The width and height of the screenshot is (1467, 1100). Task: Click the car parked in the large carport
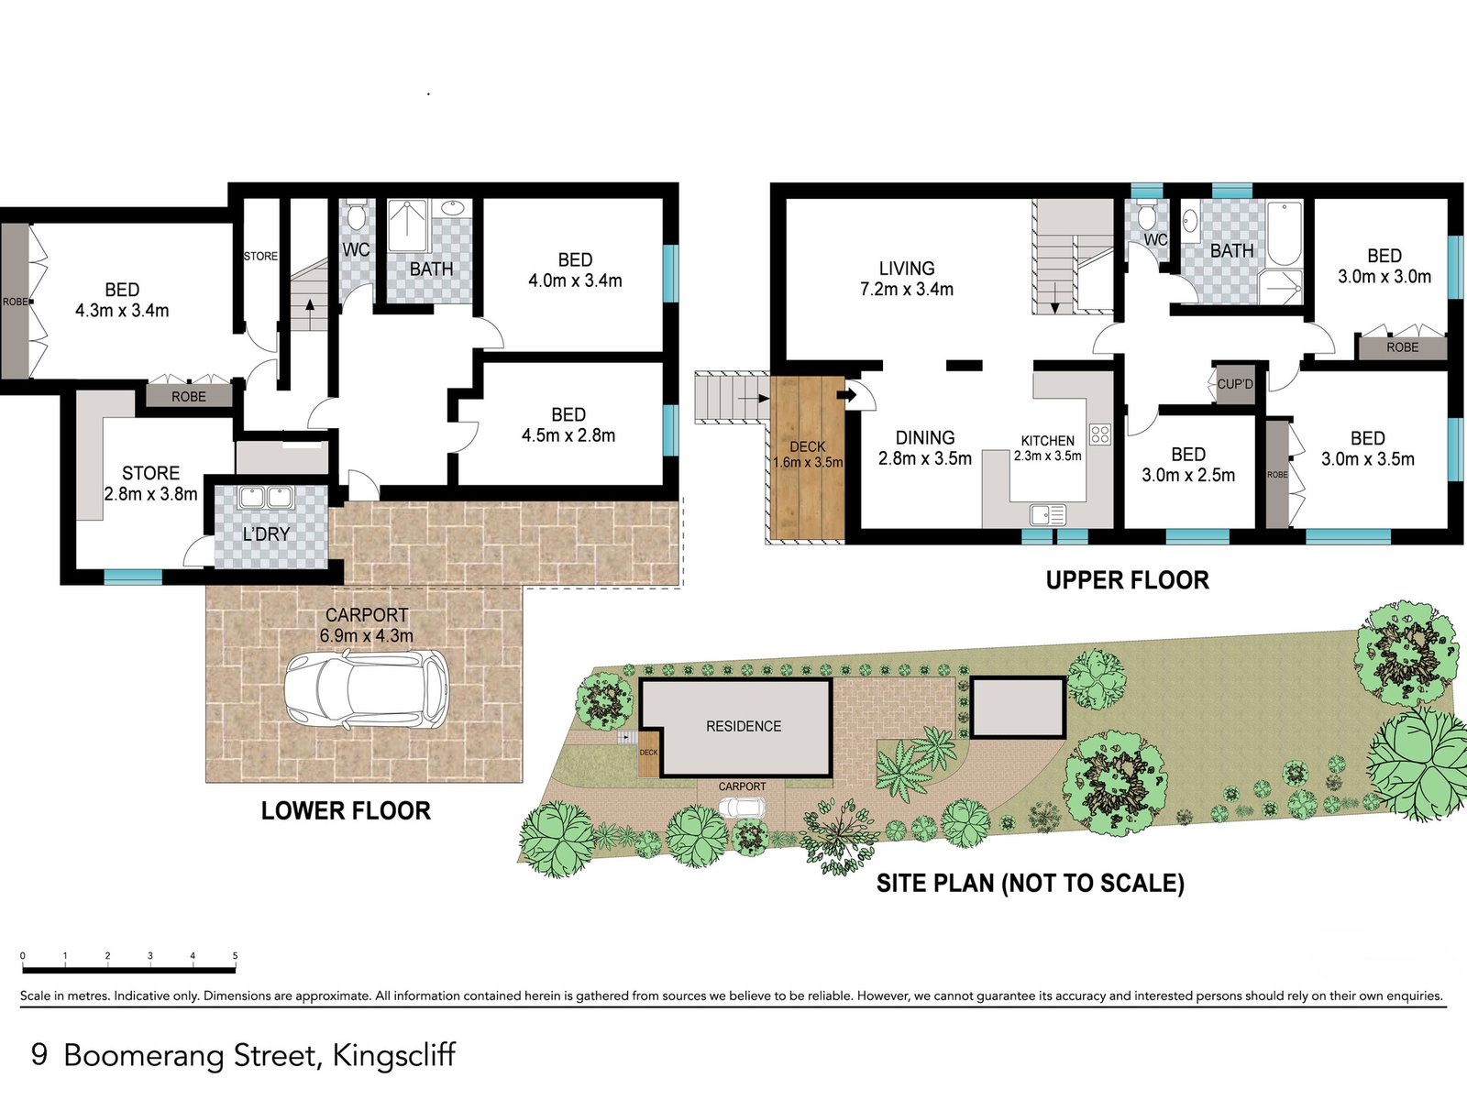coord(365,689)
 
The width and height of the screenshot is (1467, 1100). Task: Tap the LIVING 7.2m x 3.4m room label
coord(906,279)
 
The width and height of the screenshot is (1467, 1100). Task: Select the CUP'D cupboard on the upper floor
coord(1234,384)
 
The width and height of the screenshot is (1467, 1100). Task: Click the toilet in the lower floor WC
coord(356,215)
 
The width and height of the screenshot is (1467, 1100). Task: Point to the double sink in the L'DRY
coord(265,498)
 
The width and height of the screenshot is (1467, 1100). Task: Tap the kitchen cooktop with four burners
coord(1099,434)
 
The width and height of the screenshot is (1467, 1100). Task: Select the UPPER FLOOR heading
coord(1127,580)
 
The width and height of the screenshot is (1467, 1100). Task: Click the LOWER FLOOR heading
coord(346,810)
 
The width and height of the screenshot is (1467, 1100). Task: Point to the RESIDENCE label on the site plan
coord(744,726)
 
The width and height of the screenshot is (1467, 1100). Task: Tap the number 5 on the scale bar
coord(235,956)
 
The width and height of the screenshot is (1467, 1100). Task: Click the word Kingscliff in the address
coord(393,1055)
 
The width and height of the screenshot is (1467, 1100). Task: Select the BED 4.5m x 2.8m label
coord(568,425)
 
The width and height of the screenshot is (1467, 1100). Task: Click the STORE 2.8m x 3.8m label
coord(150,483)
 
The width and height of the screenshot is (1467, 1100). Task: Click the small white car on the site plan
coord(741,808)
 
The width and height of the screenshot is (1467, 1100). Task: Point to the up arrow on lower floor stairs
coord(310,305)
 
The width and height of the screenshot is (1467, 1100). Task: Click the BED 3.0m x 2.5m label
coord(1188,465)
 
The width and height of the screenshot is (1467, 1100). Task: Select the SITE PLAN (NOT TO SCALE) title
coord(1030,883)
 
